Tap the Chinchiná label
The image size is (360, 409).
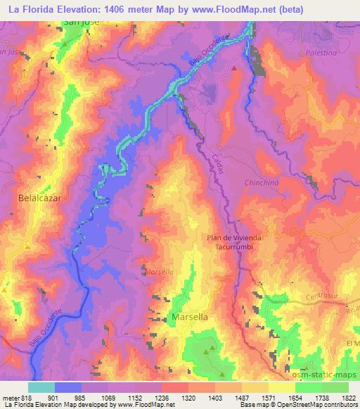(263, 183)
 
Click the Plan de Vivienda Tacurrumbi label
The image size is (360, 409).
(234, 242)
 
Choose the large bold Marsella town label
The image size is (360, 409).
(189, 318)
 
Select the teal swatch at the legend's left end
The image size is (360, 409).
(41, 387)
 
